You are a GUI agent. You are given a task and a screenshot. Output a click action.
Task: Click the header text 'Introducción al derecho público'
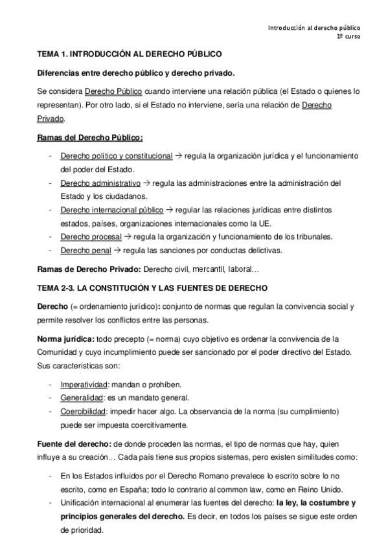[x=314, y=28]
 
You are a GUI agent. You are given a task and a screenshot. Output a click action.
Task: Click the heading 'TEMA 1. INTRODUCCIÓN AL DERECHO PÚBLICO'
[x=130, y=56]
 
